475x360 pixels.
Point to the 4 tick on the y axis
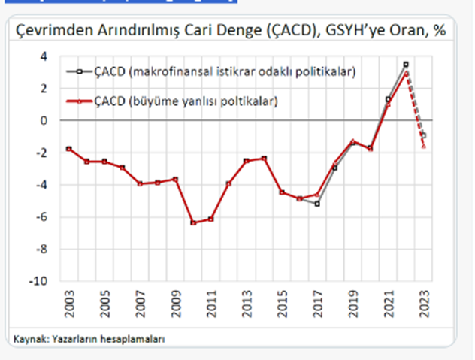click(x=44, y=56)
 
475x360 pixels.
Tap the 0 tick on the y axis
click(x=44, y=120)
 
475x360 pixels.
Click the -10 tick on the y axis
click(x=39, y=281)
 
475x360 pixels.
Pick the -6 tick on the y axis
click(x=41, y=217)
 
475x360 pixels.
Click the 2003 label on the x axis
click(x=69, y=304)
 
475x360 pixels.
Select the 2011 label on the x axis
click(x=210, y=304)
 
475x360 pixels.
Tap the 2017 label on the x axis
click(x=317, y=304)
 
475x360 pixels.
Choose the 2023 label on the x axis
click(x=423, y=304)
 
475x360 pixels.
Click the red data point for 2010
click(x=193, y=222)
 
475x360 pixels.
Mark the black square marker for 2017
click(x=317, y=204)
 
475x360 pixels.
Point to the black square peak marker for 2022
click(x=406, y=65)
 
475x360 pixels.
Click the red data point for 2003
click(x=69, y=149)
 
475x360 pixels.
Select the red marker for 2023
click(x=424, y=146)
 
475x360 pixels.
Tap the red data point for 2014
click(x=264, y=158)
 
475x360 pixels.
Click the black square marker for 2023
click(x=424, y=135)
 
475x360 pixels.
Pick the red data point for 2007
click(x=140, y=183)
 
